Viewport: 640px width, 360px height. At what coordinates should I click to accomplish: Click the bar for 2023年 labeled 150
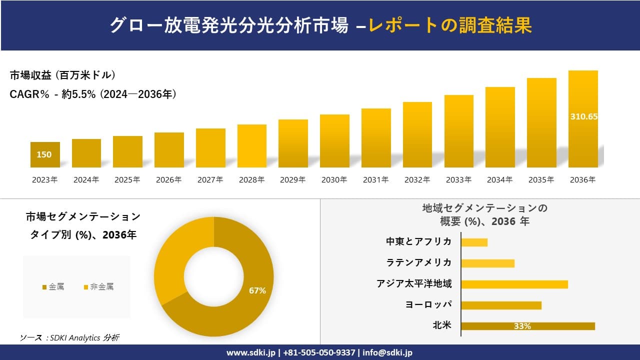click(45, 155)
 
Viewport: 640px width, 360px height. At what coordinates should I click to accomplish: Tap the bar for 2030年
click(334, 141)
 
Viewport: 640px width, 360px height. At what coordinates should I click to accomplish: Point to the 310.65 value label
click(583, 116)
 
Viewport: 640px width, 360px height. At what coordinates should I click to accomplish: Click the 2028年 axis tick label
click(251, 180)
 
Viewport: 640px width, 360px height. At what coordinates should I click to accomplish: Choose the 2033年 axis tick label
click(458, 180)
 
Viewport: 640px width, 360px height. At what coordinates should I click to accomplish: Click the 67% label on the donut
click(257, 290)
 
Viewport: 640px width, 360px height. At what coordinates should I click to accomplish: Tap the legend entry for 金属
click(53, 287)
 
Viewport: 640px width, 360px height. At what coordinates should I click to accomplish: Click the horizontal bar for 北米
click(527, 326)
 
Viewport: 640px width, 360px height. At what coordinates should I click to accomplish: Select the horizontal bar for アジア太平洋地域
click(514, 284)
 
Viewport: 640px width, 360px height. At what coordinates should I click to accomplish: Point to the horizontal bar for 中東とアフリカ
click(474, 242)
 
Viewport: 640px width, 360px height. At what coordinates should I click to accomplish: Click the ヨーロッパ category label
click(428, 304)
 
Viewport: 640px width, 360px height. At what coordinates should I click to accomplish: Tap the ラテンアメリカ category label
click(418, 262)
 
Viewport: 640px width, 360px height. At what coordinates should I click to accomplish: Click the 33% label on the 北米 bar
click(522, 326)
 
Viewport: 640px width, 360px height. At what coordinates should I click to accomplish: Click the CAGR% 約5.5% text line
click(93, 94)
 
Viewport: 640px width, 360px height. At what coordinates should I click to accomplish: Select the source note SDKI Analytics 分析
click(69, 338)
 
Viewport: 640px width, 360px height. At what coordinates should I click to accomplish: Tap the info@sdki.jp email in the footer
click(387, 352)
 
